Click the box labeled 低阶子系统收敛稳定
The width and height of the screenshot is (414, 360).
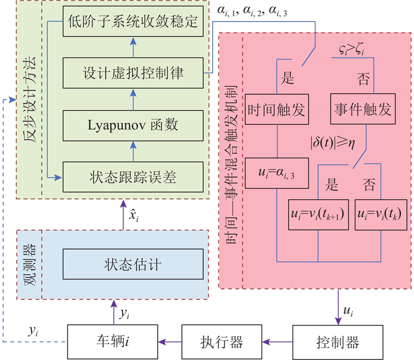(x=133, y=23)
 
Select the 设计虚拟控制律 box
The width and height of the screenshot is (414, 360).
(x=133, y=73)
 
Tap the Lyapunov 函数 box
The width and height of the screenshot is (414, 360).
(x=133, y=125)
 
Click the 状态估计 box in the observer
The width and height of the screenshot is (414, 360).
(x=133, y=264)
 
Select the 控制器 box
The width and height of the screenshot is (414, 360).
(x=332, y=341)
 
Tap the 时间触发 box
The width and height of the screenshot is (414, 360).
(x=278, y=110)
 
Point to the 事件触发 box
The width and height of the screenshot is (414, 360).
(x=362, y=110)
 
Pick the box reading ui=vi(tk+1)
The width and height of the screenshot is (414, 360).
(x=318, y=213)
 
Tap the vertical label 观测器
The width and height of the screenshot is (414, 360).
(x=29, y=264)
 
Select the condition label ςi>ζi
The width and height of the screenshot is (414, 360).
(x=352, y=50)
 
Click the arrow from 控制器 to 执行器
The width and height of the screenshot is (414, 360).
(x=277, y=341)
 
